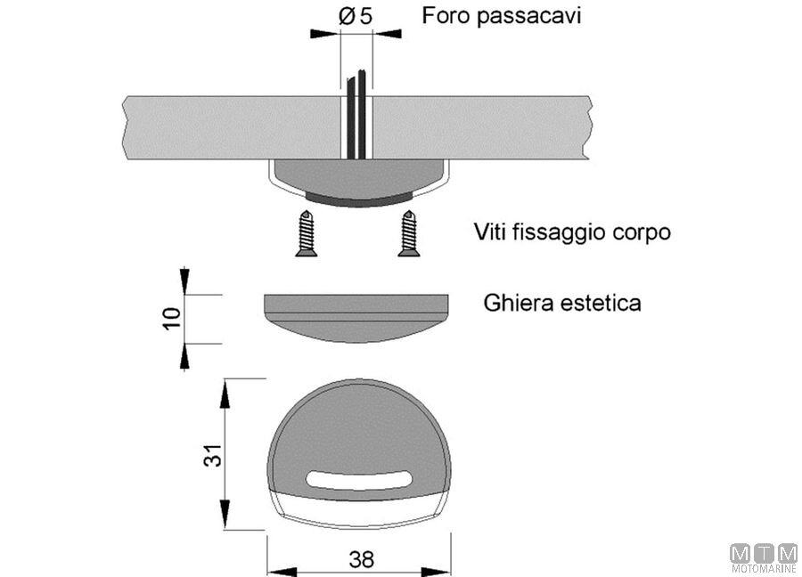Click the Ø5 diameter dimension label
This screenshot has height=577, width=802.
pos(356,16)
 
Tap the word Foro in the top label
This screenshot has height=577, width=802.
pos(443,16)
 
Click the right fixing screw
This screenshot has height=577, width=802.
pos(409,233)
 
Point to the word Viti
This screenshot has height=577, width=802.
pos(491,233)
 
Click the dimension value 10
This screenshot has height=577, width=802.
pos(173,318)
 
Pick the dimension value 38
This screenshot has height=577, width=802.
pos(360,559)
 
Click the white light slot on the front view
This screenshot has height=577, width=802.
pos(357,481)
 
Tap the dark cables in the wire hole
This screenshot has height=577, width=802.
pos(355,116)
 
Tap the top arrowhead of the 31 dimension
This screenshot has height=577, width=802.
pos(226,386)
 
